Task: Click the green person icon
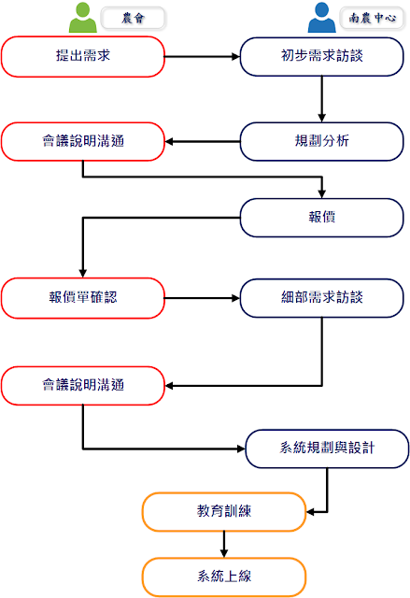(x=83, y=18)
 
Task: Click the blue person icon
(x=321, y=18)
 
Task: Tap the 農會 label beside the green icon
(x=133, y=18)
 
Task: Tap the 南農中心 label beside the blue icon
(x=372, y=18)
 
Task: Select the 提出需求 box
(x=83, y=56)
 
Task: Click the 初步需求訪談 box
(x=321, y=56)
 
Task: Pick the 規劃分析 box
(x=321, y=141)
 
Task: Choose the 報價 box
(x=321, y=218)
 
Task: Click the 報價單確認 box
(x=83, y=298)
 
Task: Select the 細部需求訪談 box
(x=321, y=298)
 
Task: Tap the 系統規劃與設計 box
(x=327, y=448)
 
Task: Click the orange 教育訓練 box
(x=224, y=512)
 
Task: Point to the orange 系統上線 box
(x=224, y=577)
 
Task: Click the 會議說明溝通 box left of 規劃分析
(x=83, y=141)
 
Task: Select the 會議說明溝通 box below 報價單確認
(x=83, y=386)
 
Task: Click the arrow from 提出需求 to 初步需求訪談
(x=203, y=56)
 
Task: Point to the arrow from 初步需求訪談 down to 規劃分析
(x=321, y=99)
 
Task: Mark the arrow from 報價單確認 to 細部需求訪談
(x=203, y=298)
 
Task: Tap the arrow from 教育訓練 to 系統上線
(x=224, y=544)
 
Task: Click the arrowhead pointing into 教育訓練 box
(x=310, y=512)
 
